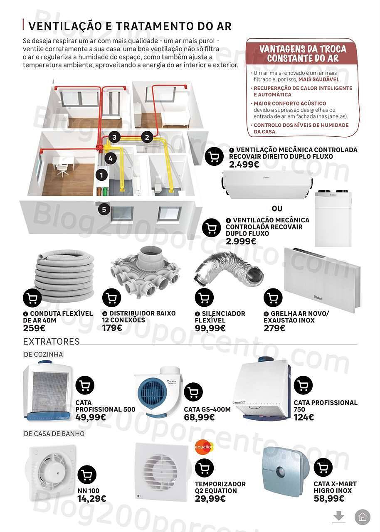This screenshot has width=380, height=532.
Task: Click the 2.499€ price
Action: pyautogui.click(x=244, y=165)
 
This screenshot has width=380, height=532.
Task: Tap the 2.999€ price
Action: pyautogui.click(x=241, y=241)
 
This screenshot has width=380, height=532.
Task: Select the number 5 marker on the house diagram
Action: pyautogui.click(x=104, y=209)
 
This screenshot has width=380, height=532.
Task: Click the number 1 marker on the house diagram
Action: pyautogui.click(x=101, y=175)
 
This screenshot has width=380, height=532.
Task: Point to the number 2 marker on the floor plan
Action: pyautogui.click(x=146, y=136)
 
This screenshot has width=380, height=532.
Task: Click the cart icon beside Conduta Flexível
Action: pyautogui.click(x=32, y=298)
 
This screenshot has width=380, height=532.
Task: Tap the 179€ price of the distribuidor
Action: pyautogui.click(x=112, y=328)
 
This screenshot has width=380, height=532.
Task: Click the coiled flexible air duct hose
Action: pyautogui.click(x=65, y=276)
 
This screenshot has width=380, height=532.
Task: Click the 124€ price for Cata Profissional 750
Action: pyautogui.click(x=304, y=417)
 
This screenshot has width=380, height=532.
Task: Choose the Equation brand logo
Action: pyautogui.click(x=204, y=447)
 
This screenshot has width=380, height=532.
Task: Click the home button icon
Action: pyautogui.click(x=362, y=517)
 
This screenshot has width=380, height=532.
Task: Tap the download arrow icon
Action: pyautogui.click(x=339, y=517)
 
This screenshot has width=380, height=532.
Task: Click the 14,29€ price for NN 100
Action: pyautogui.click(x=91, y=498)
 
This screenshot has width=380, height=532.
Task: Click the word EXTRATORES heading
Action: pyautogui.click(x=51, y=342)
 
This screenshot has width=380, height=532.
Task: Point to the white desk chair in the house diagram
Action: pyautogui.click(x=62, y=169)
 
